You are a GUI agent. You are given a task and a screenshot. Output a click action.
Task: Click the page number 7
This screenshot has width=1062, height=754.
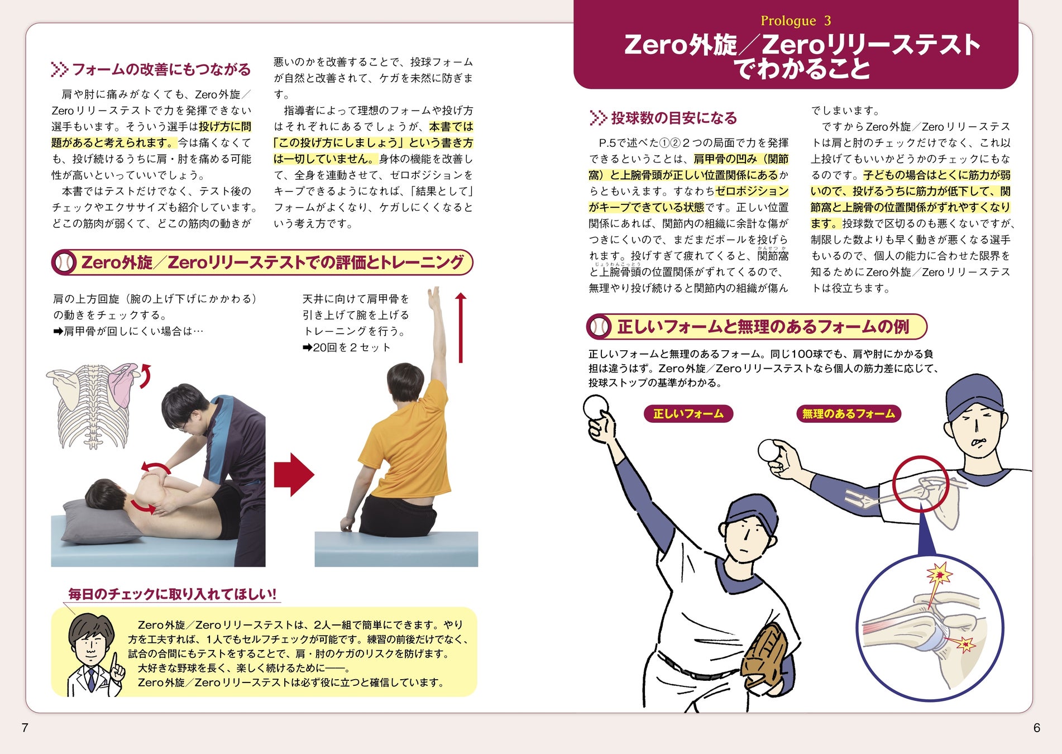25,727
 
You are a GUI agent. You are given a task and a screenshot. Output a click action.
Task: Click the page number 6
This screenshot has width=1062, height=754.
1037,727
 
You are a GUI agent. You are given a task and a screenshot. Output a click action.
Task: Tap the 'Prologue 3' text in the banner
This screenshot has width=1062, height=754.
796,21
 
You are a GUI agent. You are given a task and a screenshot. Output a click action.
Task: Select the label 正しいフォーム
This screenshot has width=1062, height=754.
688,414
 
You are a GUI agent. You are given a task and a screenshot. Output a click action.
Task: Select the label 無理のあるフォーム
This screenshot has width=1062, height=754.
848,414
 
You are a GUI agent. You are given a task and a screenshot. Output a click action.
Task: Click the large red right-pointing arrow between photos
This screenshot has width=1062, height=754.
294,475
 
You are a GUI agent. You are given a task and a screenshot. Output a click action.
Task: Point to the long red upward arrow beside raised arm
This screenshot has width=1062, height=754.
461,327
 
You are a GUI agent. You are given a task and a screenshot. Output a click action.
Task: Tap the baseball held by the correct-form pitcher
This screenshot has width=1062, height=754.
596,407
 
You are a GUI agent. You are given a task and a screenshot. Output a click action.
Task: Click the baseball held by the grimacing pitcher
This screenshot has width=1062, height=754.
771,451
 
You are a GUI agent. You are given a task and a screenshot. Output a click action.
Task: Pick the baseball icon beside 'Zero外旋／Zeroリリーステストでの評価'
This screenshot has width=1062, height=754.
65,263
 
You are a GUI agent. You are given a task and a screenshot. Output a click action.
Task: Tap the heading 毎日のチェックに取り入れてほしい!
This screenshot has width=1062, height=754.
172,594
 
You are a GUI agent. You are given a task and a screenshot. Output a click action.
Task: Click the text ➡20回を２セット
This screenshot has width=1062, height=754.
346,347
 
